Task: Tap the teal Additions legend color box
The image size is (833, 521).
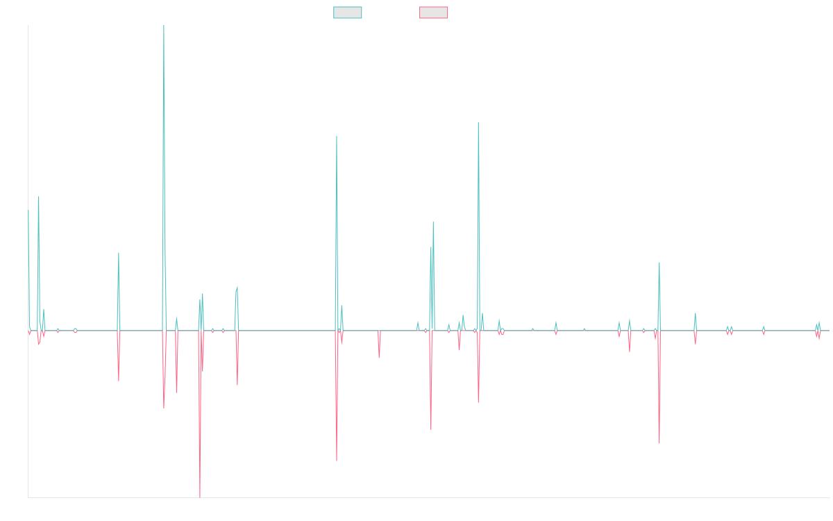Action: click(348, 13)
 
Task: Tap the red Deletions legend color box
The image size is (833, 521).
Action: click(434, 13)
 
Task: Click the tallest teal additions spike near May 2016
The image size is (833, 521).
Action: click(164, 28)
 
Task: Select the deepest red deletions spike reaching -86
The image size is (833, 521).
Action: click(200, 497)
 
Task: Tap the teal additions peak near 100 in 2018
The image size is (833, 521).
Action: click(337, 137)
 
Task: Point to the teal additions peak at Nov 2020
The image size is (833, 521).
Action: click(478, 124)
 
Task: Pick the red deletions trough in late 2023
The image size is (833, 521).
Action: click(659, 443)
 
